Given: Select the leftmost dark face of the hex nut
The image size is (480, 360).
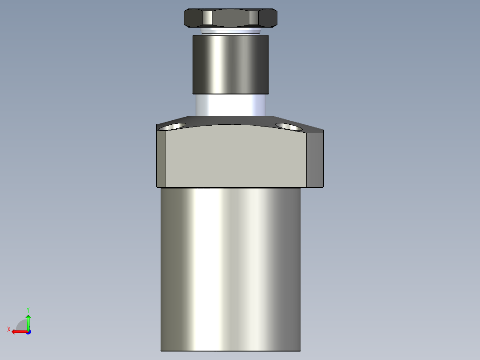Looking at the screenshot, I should pyautogui.click(x=193, y=18).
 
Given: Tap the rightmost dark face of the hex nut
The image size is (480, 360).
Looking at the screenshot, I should pyautogui.click(x=268, y=18).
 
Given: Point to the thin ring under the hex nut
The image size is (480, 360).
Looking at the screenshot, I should pyautogui.click(x=230, y=32).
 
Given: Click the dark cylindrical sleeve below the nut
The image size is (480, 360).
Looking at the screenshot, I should pyautogui.click(x=230, y=65).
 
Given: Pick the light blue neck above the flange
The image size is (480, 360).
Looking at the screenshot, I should pyautogui.click(x=230, y=105).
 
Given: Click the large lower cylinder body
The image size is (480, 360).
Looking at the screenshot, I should pyautogui.click(x=230, y=267).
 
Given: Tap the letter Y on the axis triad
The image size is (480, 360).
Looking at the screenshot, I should pyautogui.click(x=28, y=309).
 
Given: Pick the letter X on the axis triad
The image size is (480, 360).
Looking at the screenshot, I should pyautogui.click(x=9, y=329).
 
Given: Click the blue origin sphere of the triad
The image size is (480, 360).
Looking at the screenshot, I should pyautogui.click(x=28, y=331).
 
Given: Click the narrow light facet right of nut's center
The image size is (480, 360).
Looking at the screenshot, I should pyautogui.click(x=253, y=18).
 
